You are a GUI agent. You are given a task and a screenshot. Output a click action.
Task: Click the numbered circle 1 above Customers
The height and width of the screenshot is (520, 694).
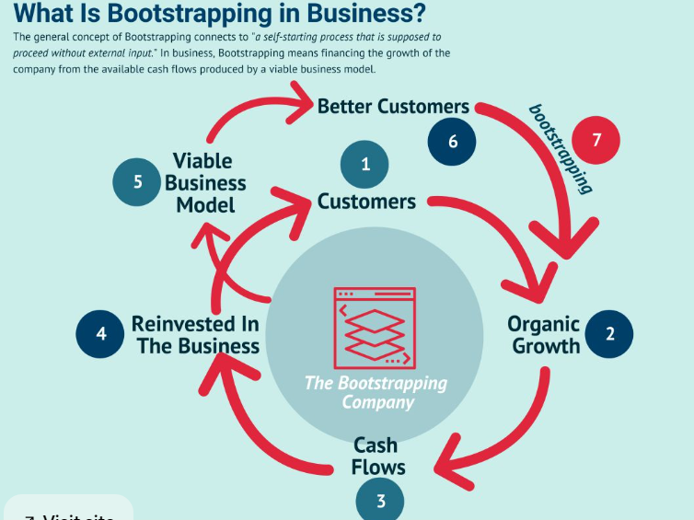365,165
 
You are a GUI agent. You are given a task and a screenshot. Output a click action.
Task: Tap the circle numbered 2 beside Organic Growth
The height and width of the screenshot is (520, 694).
608,333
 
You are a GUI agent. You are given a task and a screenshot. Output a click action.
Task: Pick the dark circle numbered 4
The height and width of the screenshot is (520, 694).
101,333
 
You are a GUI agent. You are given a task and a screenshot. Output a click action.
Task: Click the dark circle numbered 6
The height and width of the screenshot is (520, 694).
453,141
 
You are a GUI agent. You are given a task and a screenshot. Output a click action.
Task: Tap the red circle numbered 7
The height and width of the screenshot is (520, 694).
596,141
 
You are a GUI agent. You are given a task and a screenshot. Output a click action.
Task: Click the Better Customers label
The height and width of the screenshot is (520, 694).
393,107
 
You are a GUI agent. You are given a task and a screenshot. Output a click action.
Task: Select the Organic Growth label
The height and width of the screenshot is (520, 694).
544,335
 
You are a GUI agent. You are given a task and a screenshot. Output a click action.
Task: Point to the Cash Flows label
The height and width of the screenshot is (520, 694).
377,456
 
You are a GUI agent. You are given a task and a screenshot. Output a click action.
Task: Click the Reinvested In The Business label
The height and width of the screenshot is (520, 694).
195,335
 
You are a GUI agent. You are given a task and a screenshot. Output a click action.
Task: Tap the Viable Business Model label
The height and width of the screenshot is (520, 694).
206,183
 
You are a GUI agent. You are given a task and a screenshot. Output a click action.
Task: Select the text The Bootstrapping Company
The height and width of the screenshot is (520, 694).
376,392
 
